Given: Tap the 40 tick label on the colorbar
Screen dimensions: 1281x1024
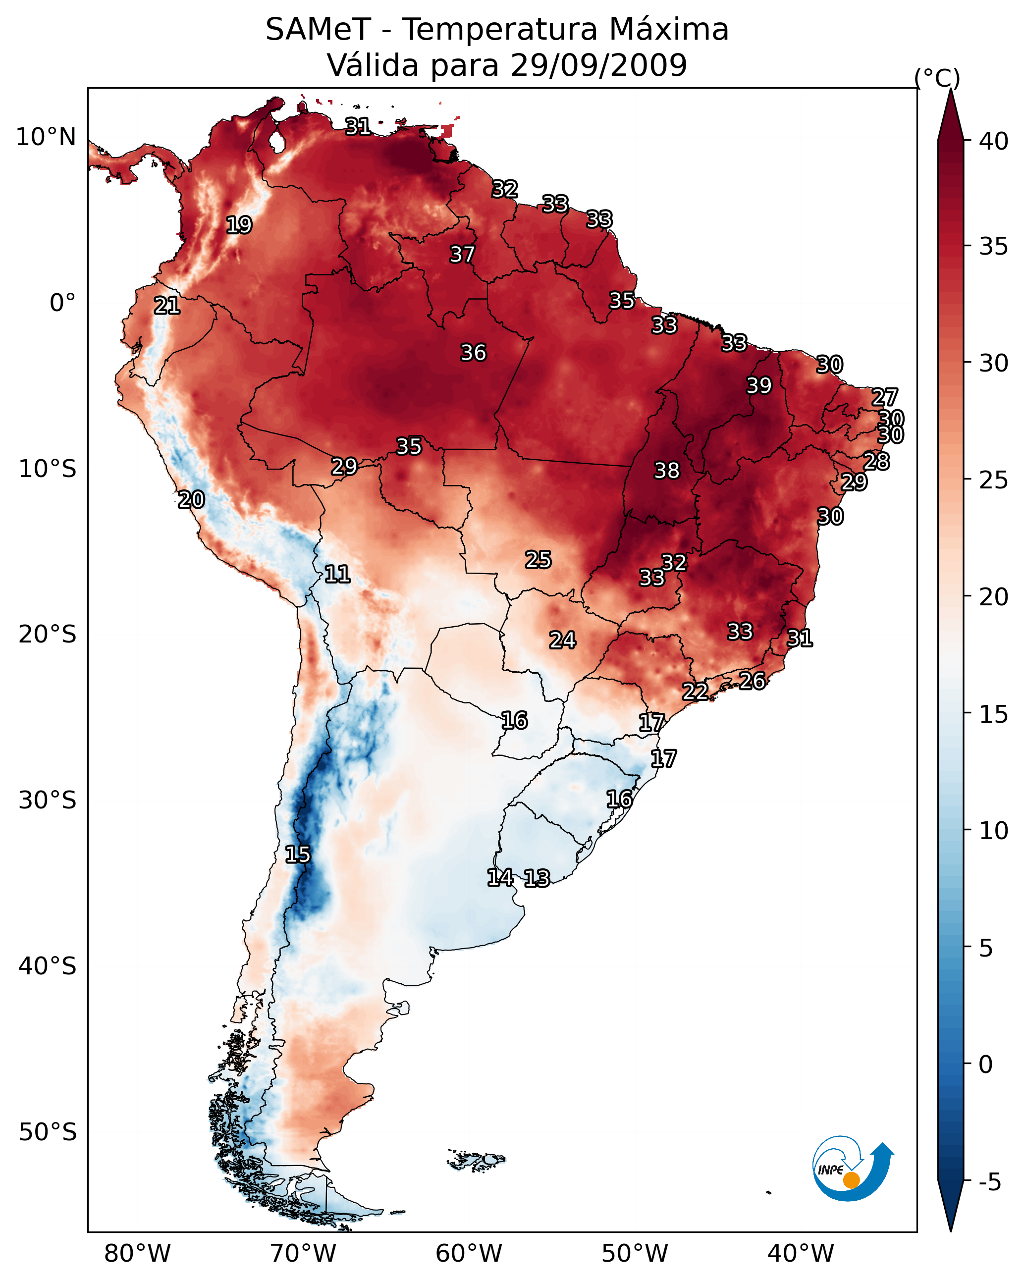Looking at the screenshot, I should [994, 141].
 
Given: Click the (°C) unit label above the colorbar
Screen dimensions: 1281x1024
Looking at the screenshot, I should [937, 78].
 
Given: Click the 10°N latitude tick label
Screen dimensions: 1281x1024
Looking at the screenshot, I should [46, 137].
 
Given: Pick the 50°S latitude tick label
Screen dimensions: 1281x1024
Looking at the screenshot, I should [48, 1132].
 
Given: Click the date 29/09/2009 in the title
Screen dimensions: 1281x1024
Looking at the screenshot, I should [598, 65].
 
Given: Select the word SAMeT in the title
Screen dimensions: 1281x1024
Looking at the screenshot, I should [318, 30].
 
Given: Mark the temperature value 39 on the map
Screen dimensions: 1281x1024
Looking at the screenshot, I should [759, 385].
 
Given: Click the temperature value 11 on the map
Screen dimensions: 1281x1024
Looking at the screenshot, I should [337, 574].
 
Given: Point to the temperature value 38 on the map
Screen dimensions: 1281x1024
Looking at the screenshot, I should [666, 471].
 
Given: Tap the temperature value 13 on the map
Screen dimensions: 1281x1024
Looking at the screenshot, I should [537, 878].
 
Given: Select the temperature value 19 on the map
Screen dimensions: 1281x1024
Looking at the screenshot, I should [239, 225].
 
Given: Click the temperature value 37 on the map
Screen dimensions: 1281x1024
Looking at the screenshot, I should [462, 254].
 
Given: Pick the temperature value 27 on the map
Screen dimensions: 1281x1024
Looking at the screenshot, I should [884, 397].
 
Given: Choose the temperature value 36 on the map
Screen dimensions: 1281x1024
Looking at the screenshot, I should [473, 353].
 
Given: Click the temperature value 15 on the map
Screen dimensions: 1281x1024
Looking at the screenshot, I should [297, 854].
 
